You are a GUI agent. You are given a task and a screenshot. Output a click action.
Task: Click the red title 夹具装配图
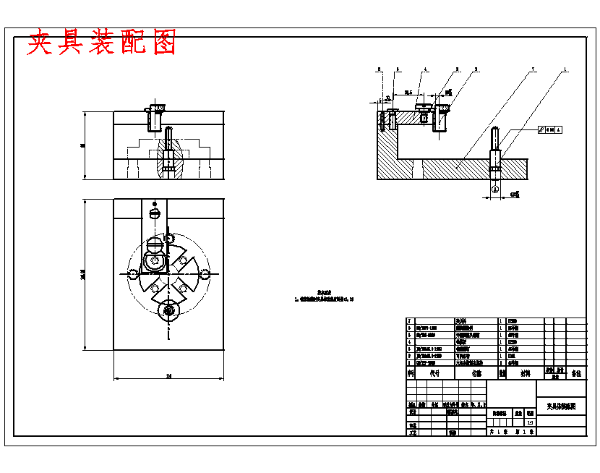pyautogui.click(x=102, y=43)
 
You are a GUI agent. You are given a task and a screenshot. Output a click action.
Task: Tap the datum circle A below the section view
pyautogui.click(x=495, y=189)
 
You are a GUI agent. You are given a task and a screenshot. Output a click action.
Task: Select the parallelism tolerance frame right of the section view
pyautogui.click(x=550, y=129)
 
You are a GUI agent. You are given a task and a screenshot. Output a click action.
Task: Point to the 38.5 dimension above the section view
pyautogui.click(x=408, y=93)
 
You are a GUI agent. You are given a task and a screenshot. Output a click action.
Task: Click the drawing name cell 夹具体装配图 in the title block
pyautogui.click(x=562, y=407)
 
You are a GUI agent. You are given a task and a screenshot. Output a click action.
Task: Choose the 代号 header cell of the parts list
pyautogui.click(x=434, y=374)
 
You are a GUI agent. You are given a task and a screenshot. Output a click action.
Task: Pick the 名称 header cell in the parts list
pyautogui.click(x=476, y=374)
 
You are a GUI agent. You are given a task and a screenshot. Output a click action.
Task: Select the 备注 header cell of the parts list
pyautogui.click(x=576, y=374)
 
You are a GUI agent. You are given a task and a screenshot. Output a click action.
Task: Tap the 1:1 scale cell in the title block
pyautogui.click(x=530, y=422)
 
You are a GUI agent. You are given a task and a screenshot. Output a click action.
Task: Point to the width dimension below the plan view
pyautogui.click(x=169, y=376)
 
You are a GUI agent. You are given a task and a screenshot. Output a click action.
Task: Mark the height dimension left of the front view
pyautogui.click(x=83, y=145)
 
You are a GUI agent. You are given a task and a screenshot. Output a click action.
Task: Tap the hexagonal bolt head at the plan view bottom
pyautogui.click(x=170, y=311)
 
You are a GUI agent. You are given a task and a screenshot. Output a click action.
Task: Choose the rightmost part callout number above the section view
pyautogui.click(x=565, y=70)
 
